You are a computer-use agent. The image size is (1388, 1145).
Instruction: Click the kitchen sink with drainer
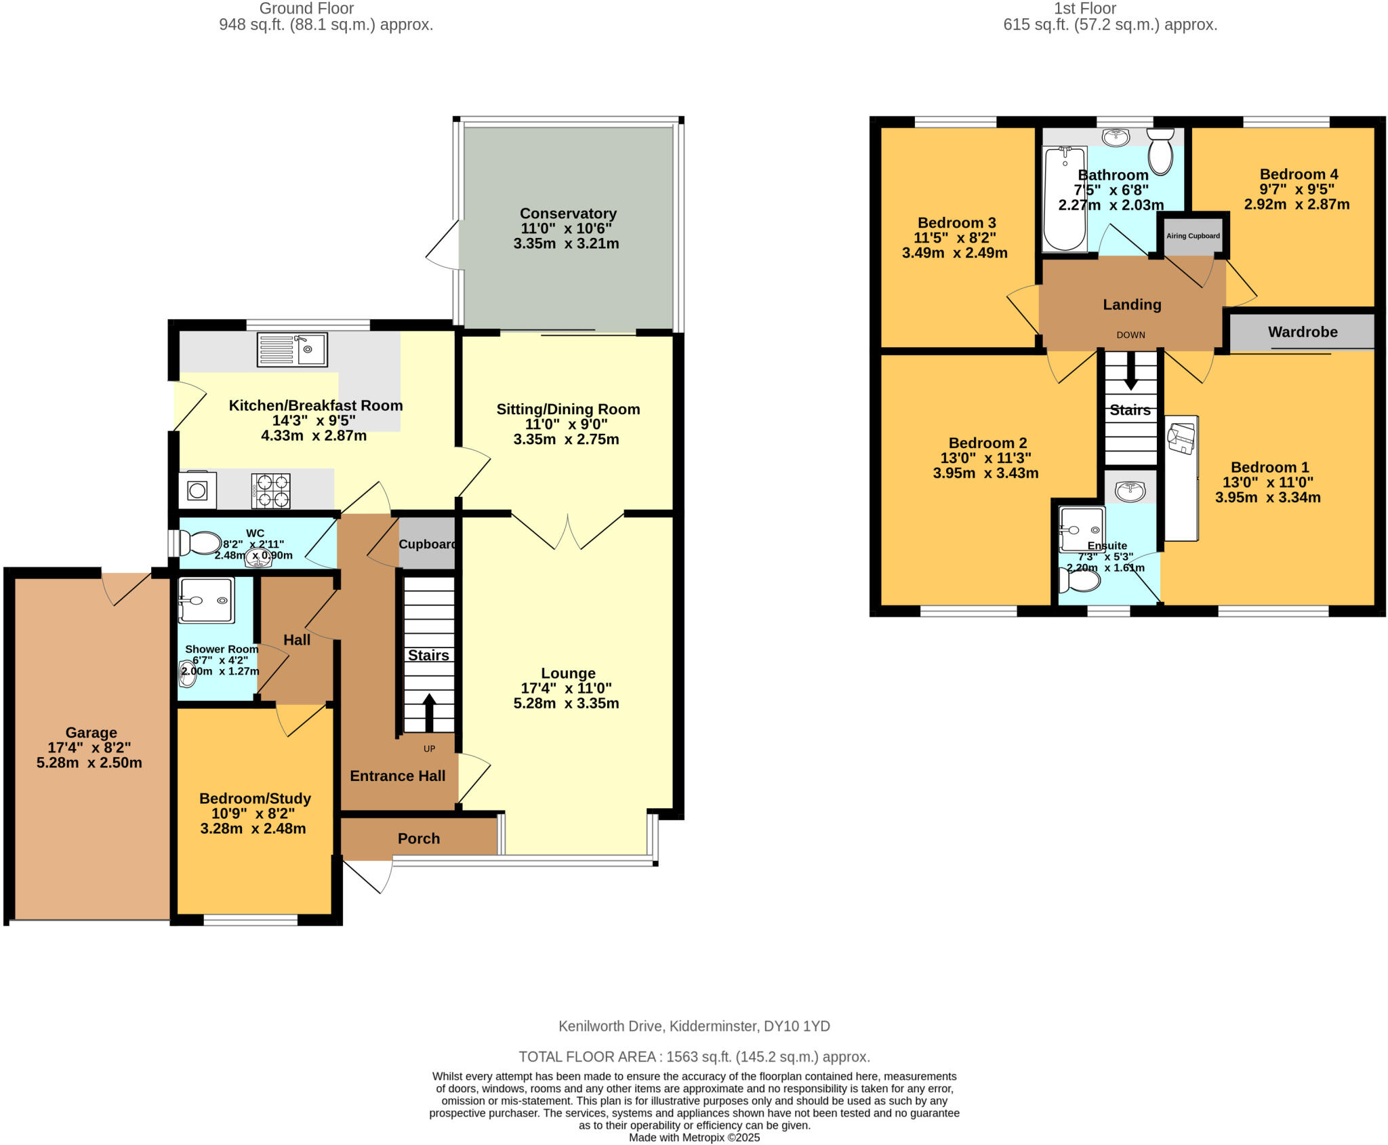coord(292,350)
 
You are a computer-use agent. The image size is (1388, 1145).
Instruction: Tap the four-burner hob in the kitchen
coord(271,491)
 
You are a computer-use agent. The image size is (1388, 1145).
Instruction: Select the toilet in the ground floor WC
coord(201,543)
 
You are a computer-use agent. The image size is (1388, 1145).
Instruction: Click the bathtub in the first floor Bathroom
coord(1064,199)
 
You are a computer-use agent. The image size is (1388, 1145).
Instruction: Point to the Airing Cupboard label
coord(1193,236)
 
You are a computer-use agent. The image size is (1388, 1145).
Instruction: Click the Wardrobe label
coord(1303,332)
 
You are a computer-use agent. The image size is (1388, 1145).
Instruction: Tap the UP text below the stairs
coord(430,749)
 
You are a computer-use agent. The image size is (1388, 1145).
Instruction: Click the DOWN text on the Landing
coord(1130,335)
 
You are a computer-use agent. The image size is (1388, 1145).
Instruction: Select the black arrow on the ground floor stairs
coord(429,712)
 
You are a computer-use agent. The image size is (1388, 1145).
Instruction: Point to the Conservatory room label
coord(568,214)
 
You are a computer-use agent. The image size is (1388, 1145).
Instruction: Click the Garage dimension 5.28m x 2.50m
coord(89,763)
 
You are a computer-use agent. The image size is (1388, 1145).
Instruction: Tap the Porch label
coord(419,839)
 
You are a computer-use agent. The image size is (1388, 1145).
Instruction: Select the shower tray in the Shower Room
coord(207,600)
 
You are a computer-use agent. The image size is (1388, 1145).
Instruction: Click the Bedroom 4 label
coord(1299,174)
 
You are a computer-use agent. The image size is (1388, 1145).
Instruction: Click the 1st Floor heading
coord(1084,9)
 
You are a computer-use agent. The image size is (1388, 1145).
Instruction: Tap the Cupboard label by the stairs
coord(426,544)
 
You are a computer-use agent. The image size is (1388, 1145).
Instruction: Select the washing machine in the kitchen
coord(197,490)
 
